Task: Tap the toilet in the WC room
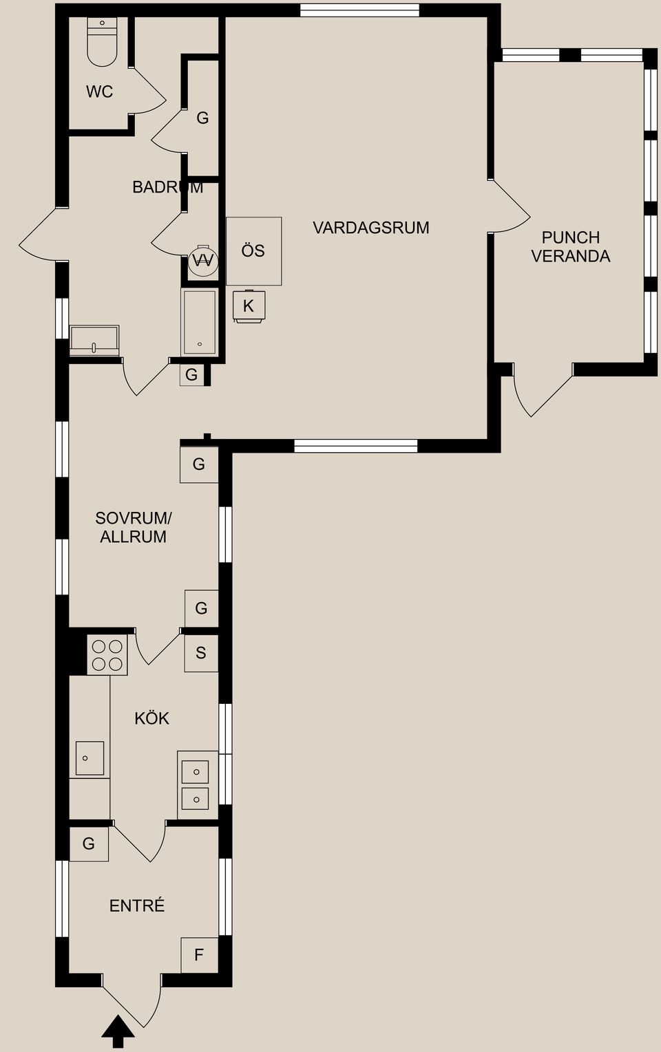coord(102,43)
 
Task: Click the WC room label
coord(99,92)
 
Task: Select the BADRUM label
coord(167,187)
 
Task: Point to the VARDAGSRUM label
coord(370,228)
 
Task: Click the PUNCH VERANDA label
coord(570,247)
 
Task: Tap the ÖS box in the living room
coord(253,251)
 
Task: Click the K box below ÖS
coord(249,306)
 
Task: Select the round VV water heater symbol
coord(203,260)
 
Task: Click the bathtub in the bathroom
coord(199,322)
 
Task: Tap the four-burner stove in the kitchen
coord(107,656)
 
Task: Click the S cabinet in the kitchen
coord(201,653)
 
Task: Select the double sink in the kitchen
coord(196,785)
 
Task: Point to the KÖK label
coord(151,718)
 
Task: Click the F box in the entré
coord(199,955)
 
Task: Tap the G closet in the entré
coord(89,844)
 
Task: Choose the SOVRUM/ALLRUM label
coord(134,528)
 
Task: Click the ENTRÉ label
coord(137,906)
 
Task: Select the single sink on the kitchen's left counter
coord(89,758)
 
